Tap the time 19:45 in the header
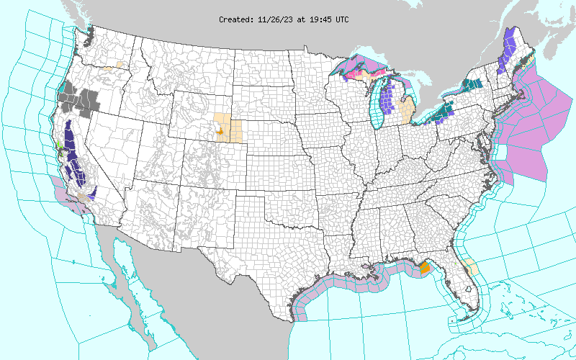(x=316, y=19)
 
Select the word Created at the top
(x=236, y=19)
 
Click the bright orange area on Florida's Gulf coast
(x=424, y=267)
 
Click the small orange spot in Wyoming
(x=220, y=132)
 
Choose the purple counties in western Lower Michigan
(x=387, y=101)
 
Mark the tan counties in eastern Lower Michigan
(x=406, y=111)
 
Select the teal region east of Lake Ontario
(x=472, y=84)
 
